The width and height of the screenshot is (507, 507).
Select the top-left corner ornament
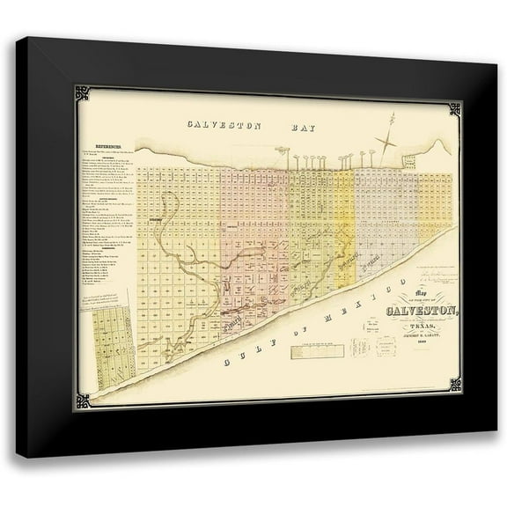click(82, 93)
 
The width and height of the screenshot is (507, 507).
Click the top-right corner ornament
click(454, 109)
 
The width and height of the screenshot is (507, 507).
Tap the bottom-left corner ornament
click(83, 400)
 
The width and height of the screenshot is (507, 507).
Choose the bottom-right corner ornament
click(454, 385)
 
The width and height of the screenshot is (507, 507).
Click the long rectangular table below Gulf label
click(317, 351)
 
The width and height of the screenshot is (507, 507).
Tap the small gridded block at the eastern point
click(408, 162)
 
